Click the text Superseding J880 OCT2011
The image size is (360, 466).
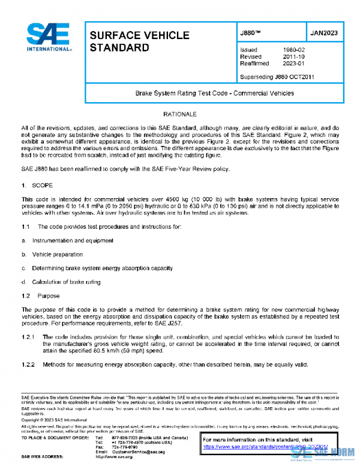coord(277,77)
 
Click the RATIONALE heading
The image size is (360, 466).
coord(179,113)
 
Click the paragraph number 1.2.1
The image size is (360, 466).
coord(29,337)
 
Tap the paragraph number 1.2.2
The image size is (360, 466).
coord(29,365)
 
